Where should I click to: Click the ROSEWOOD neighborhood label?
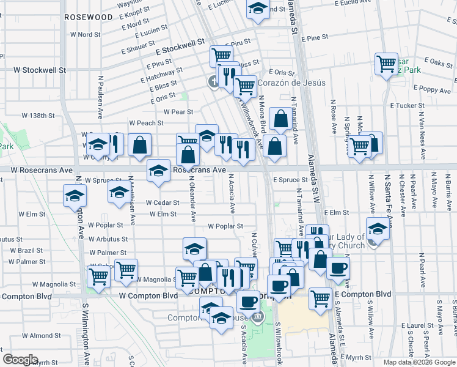pyautogui.click(x=89, y=17)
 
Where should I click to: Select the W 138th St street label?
pyautogui.click(x=38, y=115)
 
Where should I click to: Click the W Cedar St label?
pyautogui.click(x=162, y=202)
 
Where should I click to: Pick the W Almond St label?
pyautogui.click(x=45, y=335)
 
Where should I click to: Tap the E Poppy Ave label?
pyautogui.click(x=431, y=88)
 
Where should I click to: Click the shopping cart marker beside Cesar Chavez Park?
pyautogui.click(x=386, y=64)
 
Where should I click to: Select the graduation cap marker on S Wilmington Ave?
pyautogui.click(x=75, y=196)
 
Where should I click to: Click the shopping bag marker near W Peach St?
pyautogui.click(x=140, y=144)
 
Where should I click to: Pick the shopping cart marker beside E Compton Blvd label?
pyautogui.click(x=320, y=298)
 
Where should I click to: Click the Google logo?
pyautogui.click(x=20, y=360)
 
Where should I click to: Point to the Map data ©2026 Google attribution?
pyautogui.click(x=419, y=362)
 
